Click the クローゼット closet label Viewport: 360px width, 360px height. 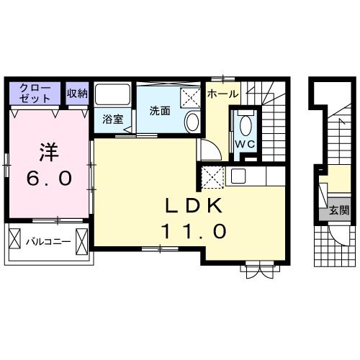pos(35,93)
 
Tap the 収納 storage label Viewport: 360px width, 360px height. pos(77,93)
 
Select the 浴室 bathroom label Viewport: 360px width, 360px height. pos(113,120)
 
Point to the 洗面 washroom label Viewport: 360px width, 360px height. pos(160,111)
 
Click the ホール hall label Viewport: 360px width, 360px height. pos(223,94)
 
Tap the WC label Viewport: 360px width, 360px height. pos(245,144)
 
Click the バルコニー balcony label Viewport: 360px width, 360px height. pos(48,241)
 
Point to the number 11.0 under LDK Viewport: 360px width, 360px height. pos(194,231)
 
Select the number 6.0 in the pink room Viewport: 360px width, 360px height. pos(49,179)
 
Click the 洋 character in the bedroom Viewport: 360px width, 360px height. pos(49,152)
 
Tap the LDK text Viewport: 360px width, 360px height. pos(194,206)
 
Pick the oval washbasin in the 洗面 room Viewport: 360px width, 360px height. pos(193,122)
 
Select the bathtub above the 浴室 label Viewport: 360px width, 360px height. pos(112,94)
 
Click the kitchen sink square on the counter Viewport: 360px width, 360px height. pos(238,176)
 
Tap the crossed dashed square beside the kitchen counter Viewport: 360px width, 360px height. pos(212,177)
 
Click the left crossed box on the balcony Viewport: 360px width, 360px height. pos(14,238)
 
